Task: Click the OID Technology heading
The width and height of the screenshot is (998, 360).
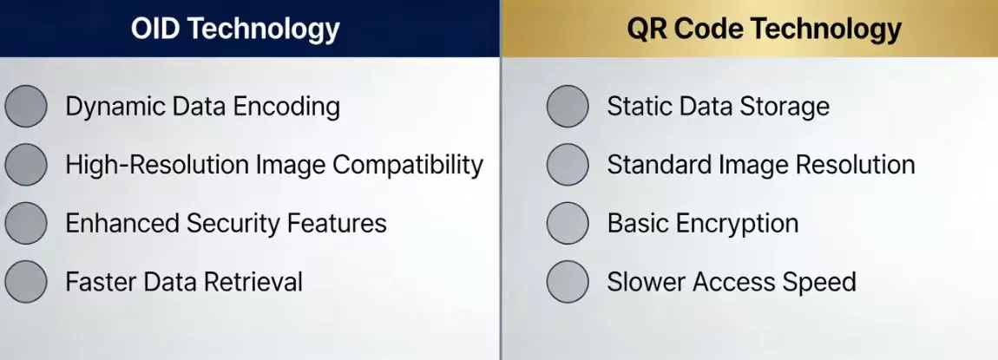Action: [235, 29]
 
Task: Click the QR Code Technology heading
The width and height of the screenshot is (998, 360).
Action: [764, 29]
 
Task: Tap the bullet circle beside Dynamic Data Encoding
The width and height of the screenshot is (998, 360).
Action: [26, 107]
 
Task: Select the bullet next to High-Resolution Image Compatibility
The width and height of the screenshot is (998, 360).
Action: [26, 165]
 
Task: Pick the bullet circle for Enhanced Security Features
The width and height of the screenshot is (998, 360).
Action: [26, 223]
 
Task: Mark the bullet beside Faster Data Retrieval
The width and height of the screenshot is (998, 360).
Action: [26, 281]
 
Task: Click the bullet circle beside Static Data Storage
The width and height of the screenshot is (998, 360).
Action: [568, 107]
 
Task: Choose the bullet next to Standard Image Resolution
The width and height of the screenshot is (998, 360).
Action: [568, 165]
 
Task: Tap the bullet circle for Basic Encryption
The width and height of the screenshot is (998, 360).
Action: [568, 223]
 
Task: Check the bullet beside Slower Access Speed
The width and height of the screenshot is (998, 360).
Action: [568, 281]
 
